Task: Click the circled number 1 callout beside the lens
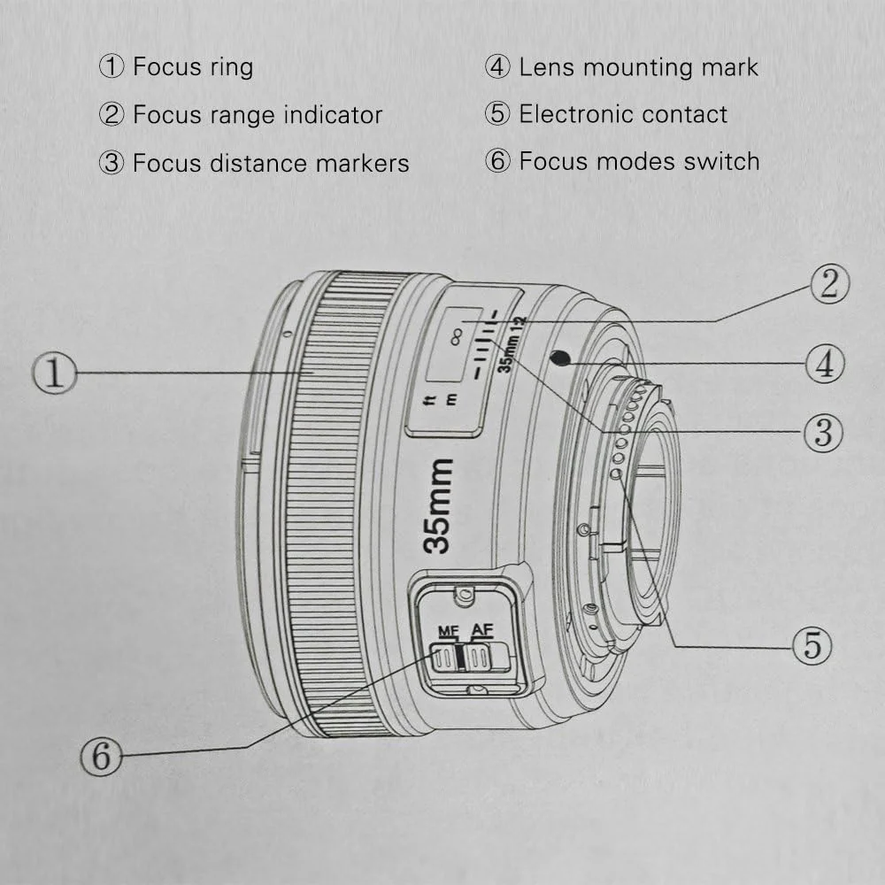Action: click(x=55, y=373)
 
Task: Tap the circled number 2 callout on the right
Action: click(x=829, y=284)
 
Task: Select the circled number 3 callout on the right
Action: click(x=823, y=431)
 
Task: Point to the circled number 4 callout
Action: click(x=824, y=364)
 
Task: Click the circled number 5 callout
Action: click(x=812, y=646)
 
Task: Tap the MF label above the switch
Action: click(x=448, y=631)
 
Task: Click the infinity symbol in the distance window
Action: click(x=458, y=335)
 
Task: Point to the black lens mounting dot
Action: click(x=558, y=358)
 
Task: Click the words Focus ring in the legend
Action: click(x=192, y=66)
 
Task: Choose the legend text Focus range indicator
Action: click(x=257, y=115)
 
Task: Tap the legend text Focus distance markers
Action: click(x=270, y=163)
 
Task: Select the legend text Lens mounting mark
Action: click(x=638, y=66)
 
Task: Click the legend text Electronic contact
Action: click(x=622, y=114)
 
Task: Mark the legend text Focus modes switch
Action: click(x=638, y=161)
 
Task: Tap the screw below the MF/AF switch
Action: click(x=477, y=689)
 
